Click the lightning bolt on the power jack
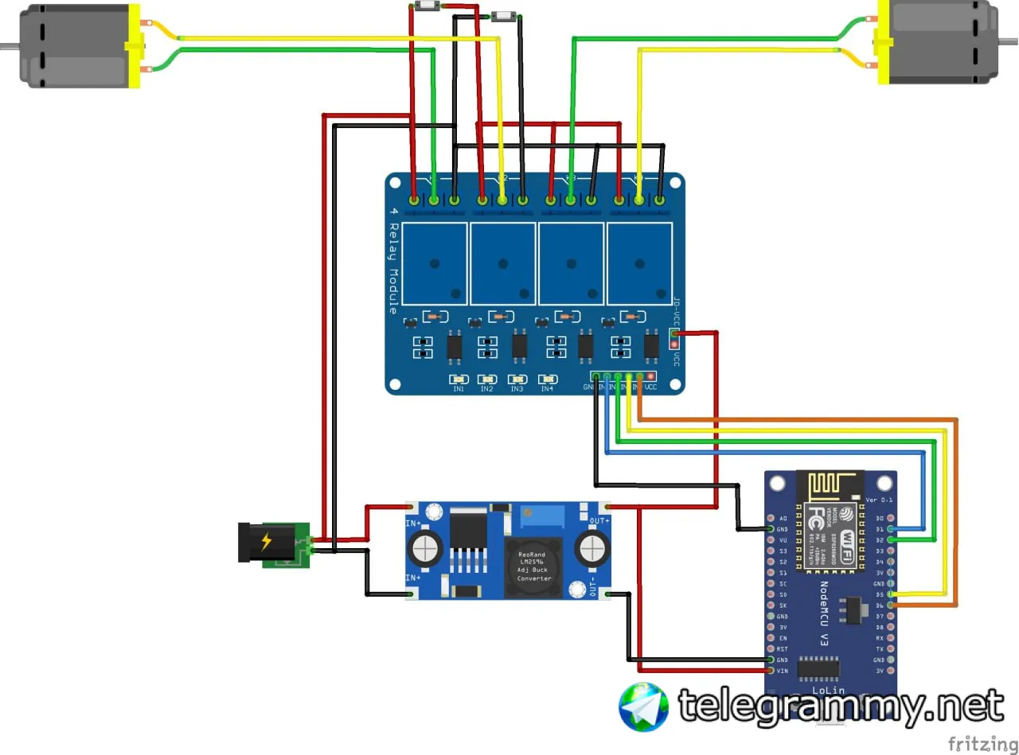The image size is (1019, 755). point(266,542)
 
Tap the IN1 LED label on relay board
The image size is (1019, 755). point(459,389)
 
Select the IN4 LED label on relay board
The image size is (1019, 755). point(547,389)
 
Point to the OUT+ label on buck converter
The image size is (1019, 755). point(599,521)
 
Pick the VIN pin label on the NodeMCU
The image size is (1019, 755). point(783,671)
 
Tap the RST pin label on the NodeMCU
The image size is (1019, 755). point(783,649)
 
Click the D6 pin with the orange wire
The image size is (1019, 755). point(890,605)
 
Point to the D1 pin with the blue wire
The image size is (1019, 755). point(890,528)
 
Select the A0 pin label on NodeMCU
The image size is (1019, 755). point(783,518)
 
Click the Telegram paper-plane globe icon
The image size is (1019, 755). point(643,706)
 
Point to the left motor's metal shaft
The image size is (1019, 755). point(8,45)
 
